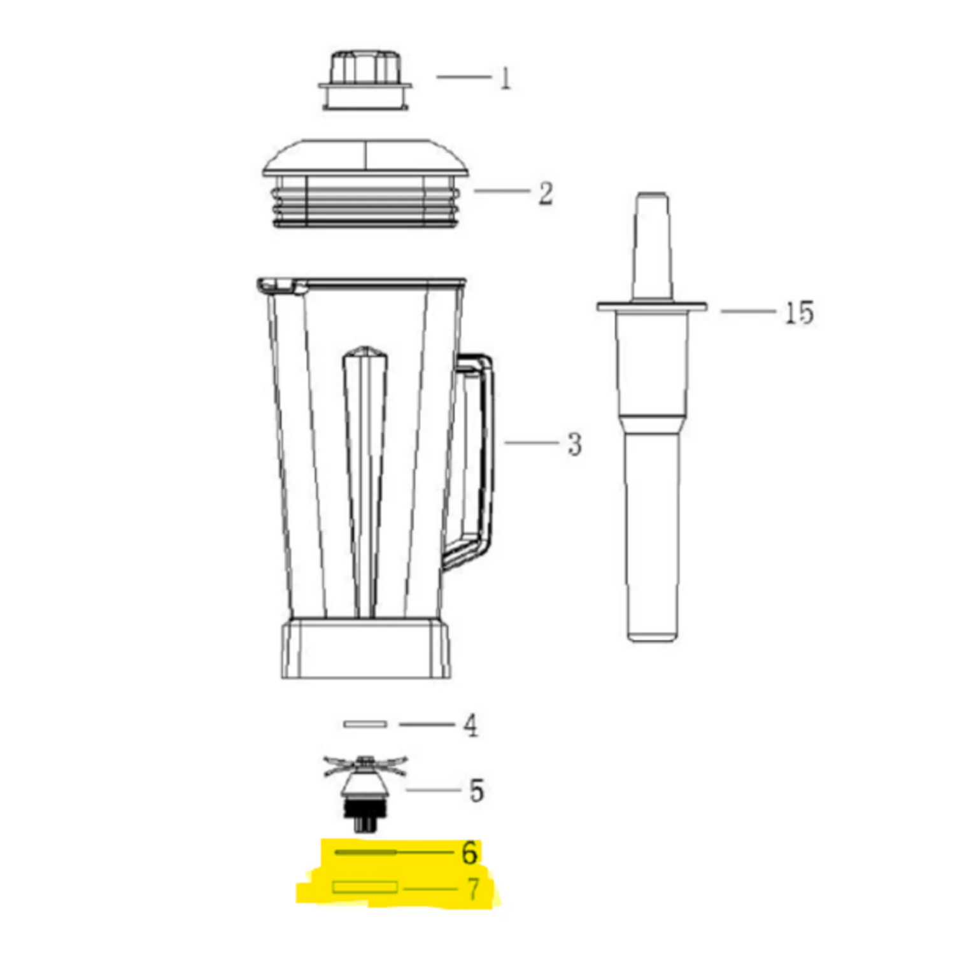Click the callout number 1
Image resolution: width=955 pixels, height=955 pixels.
click(505, 78)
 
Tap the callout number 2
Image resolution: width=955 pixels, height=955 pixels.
click(546, 193)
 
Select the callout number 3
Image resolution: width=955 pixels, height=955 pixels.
click(574, 444)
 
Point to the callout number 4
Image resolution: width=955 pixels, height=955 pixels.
click(470, 725)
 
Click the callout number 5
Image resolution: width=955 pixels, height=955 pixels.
click(476, 791)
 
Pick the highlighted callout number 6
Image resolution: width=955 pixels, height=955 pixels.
click(469, 852)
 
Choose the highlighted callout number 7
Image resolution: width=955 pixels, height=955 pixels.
click(472, 889)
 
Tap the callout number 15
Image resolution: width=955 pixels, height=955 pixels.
click(798, 313)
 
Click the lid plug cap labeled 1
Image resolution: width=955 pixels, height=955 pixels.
click(365, 80)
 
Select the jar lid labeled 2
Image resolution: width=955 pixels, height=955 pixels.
click(365, 183)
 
